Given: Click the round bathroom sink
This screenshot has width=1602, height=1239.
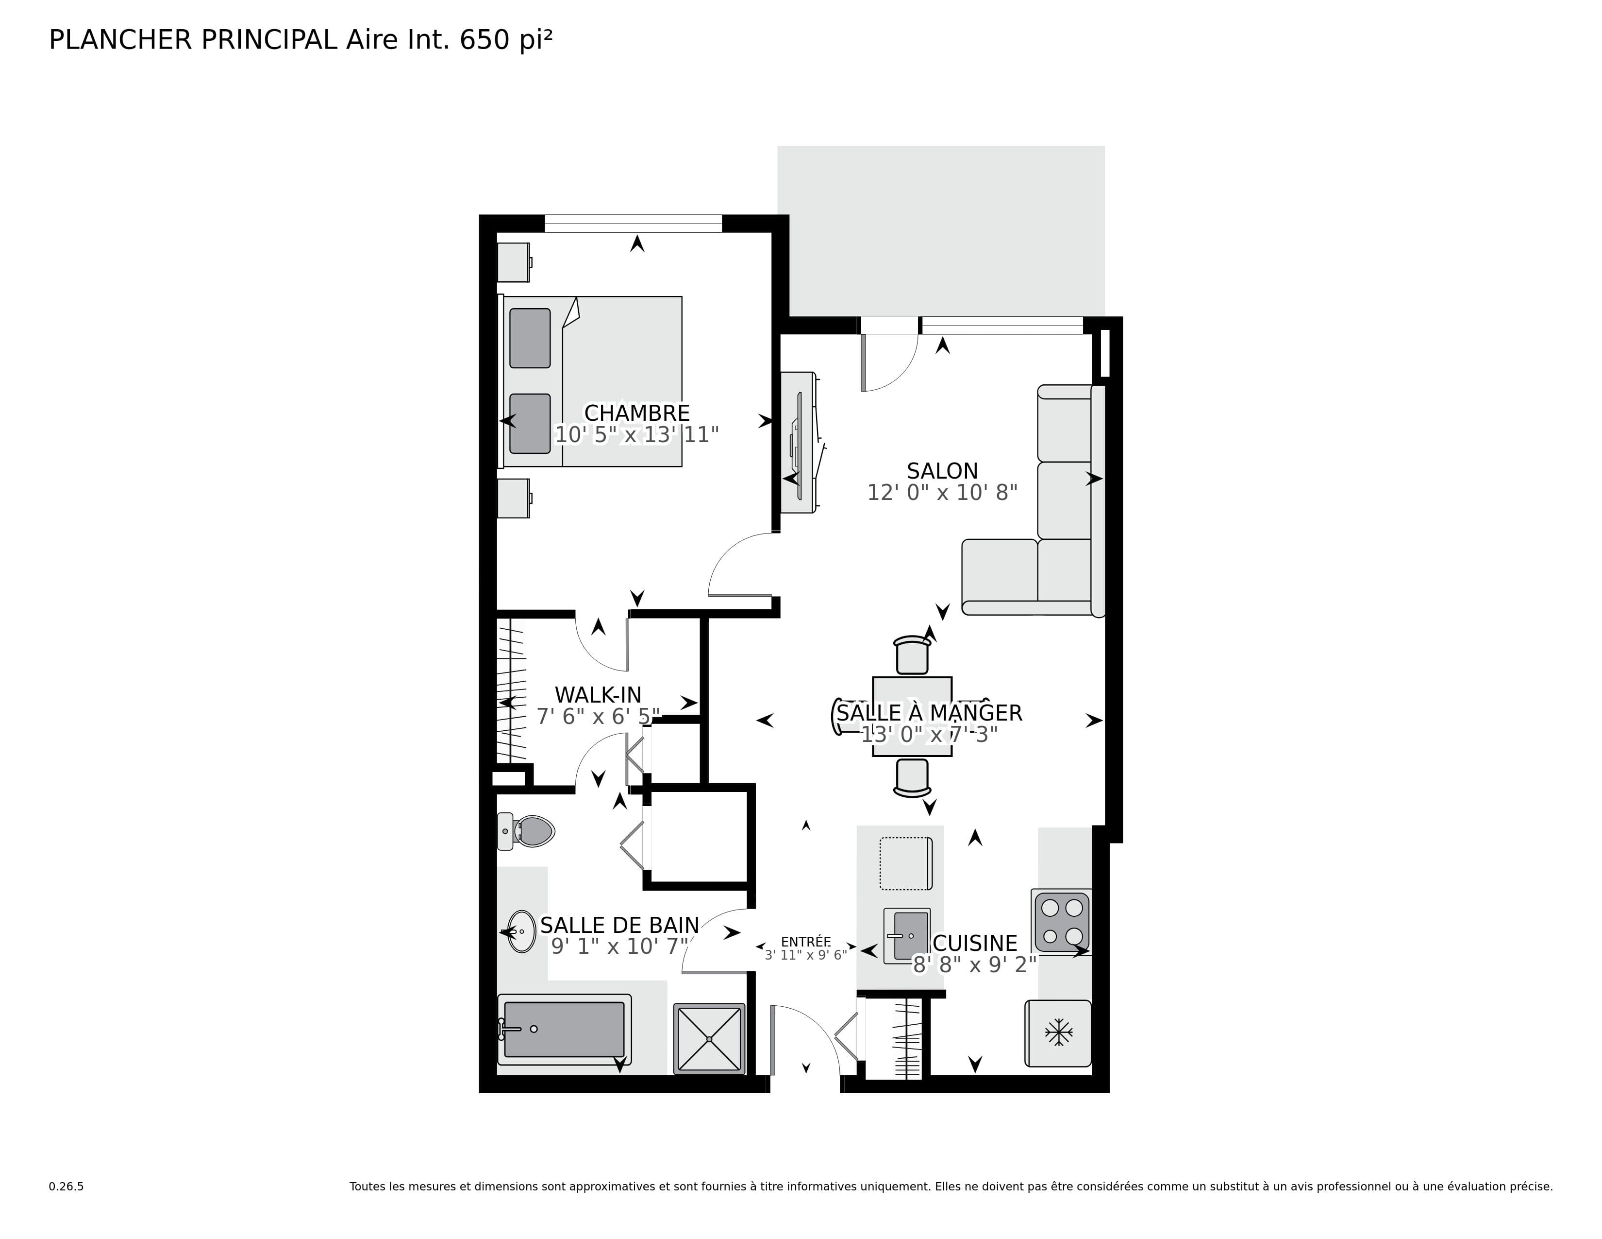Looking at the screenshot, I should pyautogui.click(x=521, y=931).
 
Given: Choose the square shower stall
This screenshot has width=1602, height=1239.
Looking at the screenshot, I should pyautogui.click(x=709, y=1039).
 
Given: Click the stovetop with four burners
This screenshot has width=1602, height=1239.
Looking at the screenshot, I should pyautogui.click(x=1061, y=922).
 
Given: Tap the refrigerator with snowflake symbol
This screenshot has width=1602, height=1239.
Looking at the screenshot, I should pyautogui.click(x=1058, y=1033).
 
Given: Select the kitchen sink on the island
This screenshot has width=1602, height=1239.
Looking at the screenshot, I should pyautogui.click(x=907, y=936).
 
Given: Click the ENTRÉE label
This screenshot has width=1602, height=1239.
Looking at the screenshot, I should pyautogui.click(x=805, y=942).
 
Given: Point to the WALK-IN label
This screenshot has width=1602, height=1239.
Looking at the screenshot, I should pyautogui.click(x=598, y=694).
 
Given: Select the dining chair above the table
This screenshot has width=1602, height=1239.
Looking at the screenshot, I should pyautogui.click(x=912, y=655).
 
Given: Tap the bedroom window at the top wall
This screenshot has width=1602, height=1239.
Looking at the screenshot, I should pyautogui.click(x=633, y=223).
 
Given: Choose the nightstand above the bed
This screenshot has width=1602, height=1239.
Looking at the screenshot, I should pyautogui.click(x=514, y=262).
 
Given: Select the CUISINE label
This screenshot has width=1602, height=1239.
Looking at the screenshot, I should pyautogui.click(x=974, y=943).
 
